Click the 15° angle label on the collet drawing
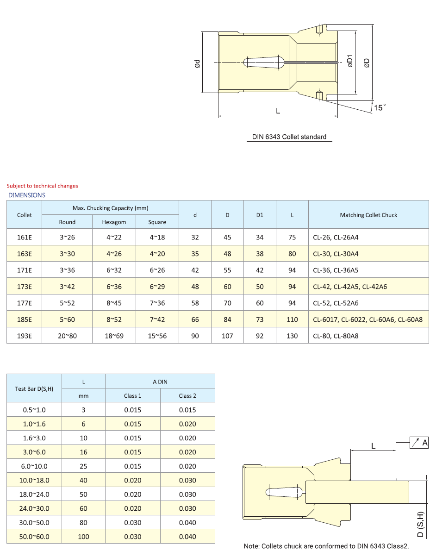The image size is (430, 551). (380, 107)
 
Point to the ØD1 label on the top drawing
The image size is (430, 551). (350, 62)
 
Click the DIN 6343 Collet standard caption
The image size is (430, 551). (289, 137)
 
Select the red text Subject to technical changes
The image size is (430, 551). (42, 186)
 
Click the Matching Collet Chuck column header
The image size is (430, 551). (368, 215)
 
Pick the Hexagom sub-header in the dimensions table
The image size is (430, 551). (114, 222)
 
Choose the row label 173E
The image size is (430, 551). (25, 287)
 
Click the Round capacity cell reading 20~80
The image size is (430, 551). (67, 336)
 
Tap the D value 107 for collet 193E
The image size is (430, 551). (227, 336)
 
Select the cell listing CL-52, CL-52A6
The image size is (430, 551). (336, 303)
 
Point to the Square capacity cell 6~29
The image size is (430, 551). (157, 287)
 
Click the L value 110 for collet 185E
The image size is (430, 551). (292, 319)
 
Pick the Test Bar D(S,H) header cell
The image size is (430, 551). (34, 388)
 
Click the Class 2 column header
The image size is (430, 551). (187, 395)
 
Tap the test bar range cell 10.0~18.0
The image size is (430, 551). (34, 480)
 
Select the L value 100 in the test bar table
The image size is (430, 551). (83, 537)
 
